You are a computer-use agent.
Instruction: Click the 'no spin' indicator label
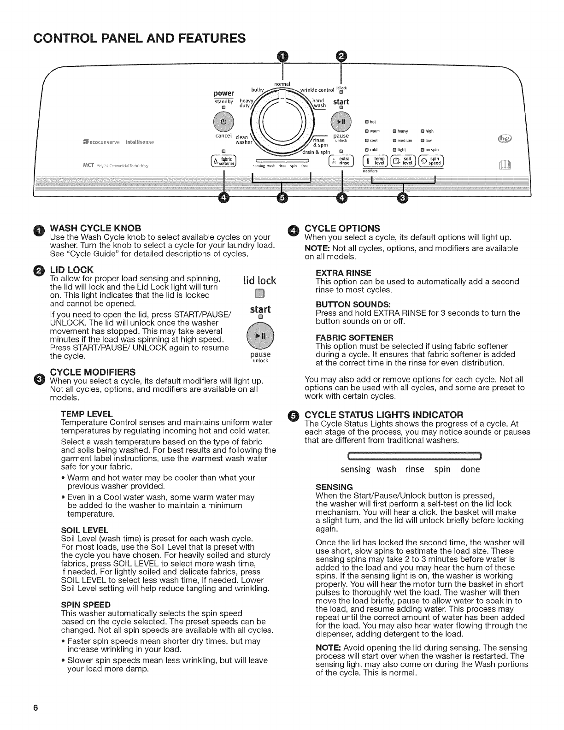(x=431, y=150)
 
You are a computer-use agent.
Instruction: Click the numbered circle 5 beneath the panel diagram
(x=282, y=198)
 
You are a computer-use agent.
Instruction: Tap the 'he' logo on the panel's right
(x=501, y=138)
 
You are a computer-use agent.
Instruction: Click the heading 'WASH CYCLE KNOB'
(x=95, y=228)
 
